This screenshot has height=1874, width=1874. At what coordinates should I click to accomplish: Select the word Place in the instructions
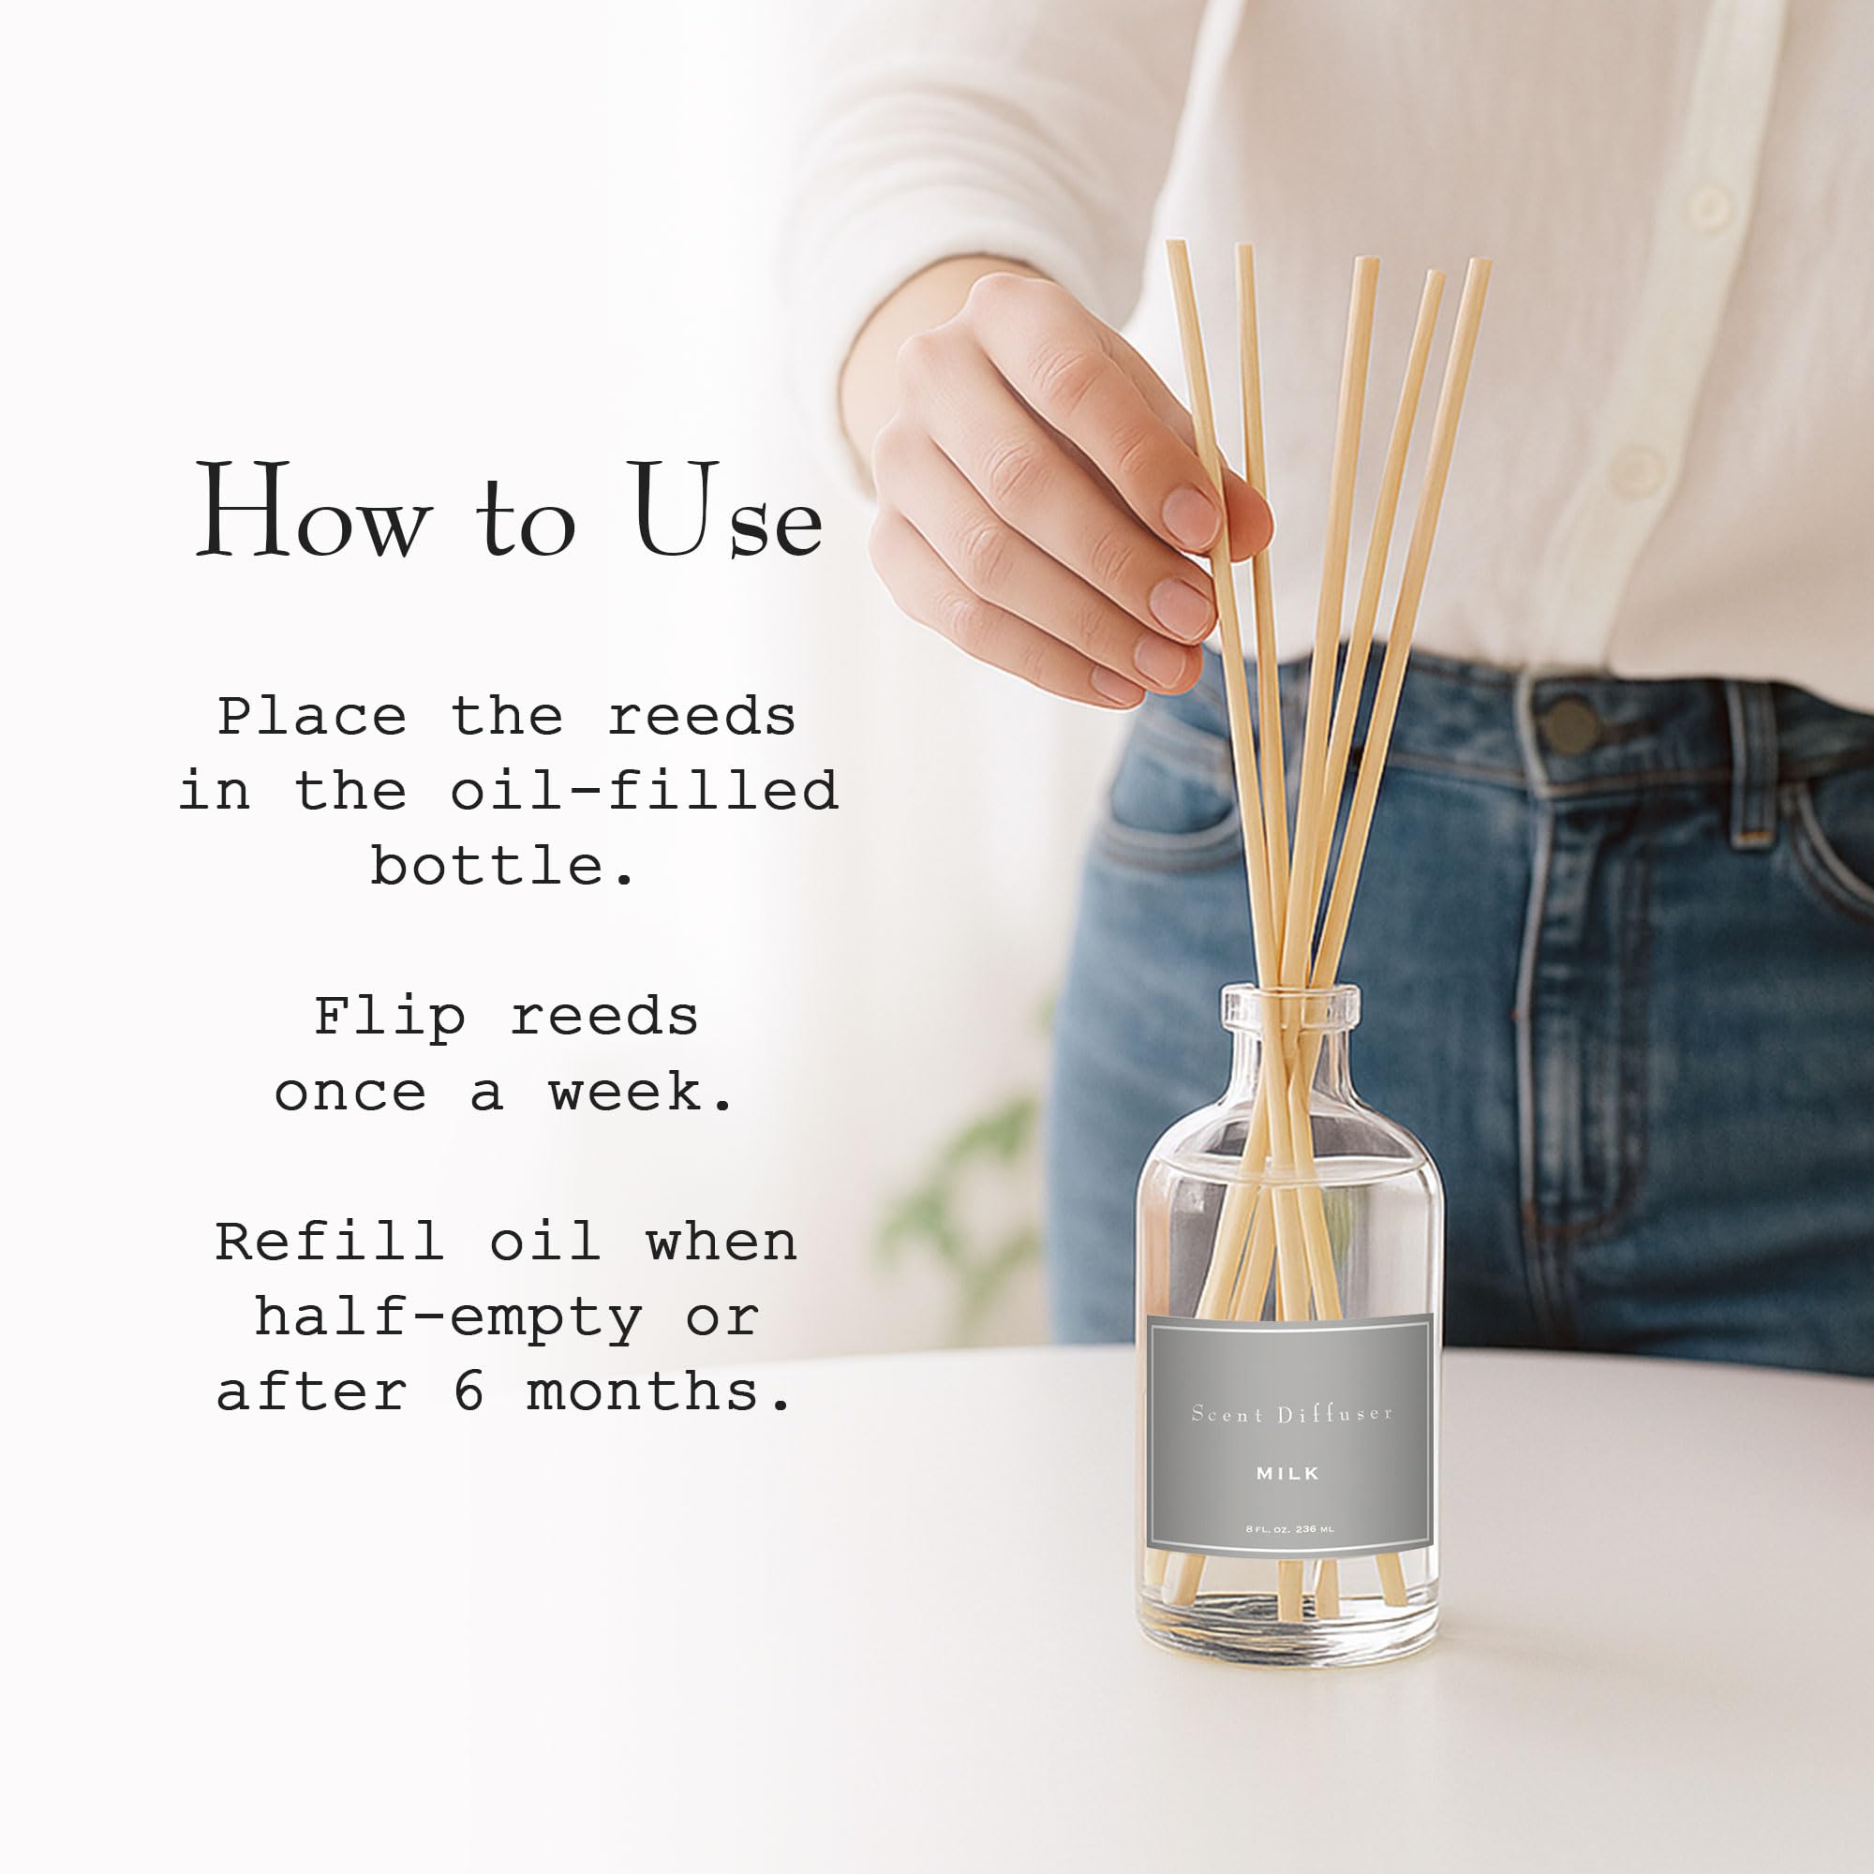click(x=311, y=718)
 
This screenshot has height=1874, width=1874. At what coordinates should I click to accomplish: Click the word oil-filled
click(x=644, y=792)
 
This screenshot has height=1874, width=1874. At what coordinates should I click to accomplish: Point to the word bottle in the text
click(x=487, y=866)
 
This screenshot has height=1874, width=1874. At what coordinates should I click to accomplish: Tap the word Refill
click(x=329, y=1243)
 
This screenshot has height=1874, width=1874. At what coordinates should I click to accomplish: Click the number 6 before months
click(x=468, y=1392)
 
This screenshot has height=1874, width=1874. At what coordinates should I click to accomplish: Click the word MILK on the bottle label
click(x=1287, y=1473)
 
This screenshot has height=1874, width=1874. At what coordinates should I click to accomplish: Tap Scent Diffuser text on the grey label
click(x=1291, y=1414)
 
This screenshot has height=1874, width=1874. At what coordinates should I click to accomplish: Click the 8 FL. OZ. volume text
click(x=1289, y=1530)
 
